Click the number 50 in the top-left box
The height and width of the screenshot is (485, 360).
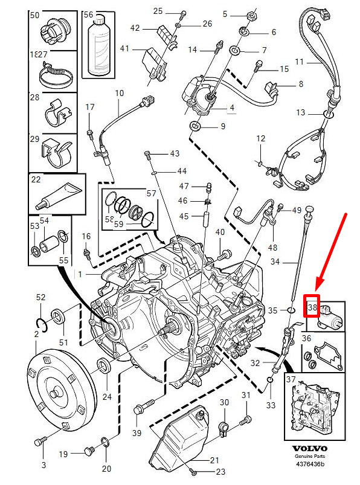coord(35,14)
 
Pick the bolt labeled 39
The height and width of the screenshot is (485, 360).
coord(140,409)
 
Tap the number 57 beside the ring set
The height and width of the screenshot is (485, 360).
coord(151,194)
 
